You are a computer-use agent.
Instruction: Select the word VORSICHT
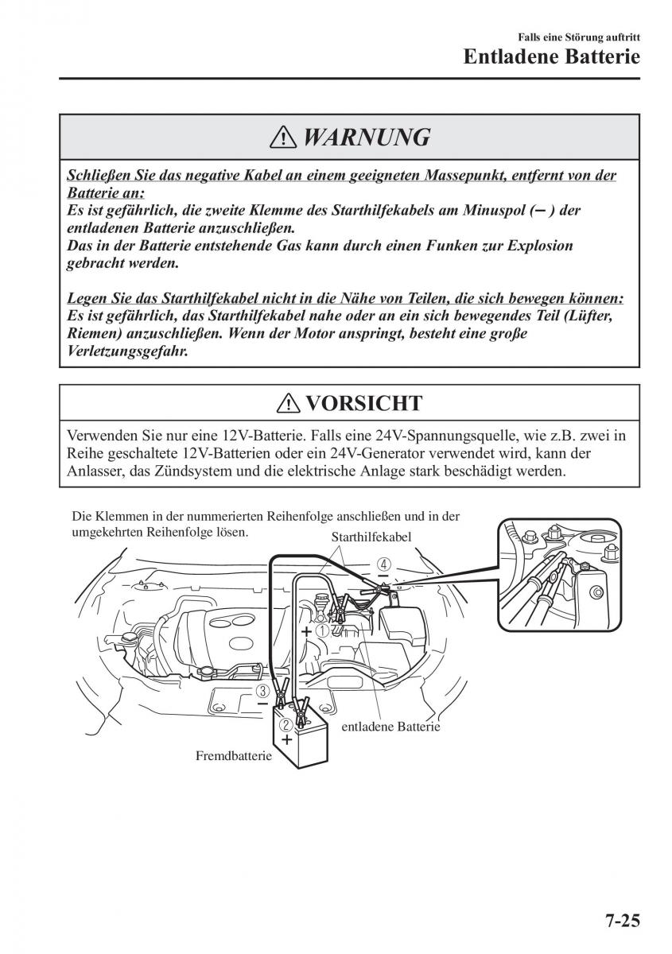coord(363,403)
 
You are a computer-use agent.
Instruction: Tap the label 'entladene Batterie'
coord(390,726)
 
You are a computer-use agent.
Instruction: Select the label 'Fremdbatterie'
coord(233,756)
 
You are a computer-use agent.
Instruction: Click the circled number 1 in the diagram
coord(323,630)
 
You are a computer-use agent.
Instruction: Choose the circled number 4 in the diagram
coord(384,564)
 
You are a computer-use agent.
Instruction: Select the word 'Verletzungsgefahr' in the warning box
coord(127,351)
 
